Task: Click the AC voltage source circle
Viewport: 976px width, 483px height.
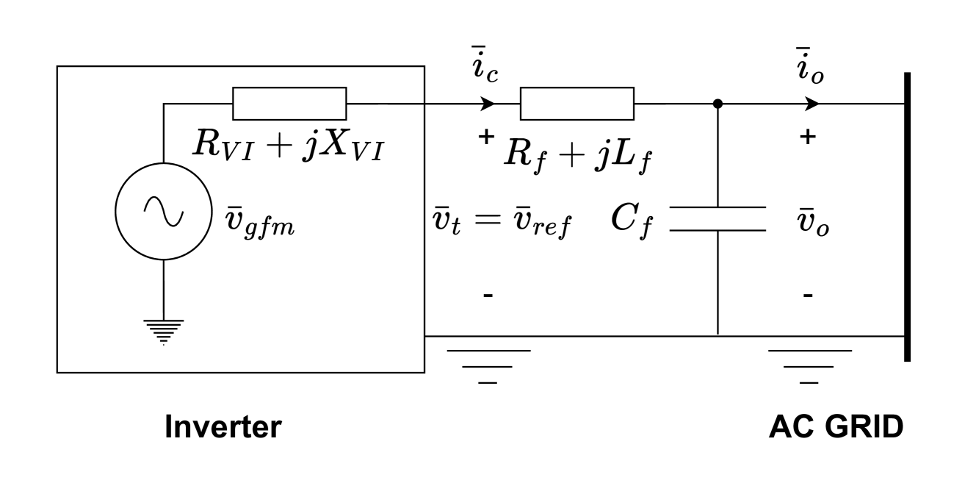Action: coord(163,211)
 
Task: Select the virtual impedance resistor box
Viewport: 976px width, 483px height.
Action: coord(289,103)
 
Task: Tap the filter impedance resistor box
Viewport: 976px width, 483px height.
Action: coord(576,103)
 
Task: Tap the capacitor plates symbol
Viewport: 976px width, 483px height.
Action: coord(717,218)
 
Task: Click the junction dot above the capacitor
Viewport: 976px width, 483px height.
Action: coord(717,104)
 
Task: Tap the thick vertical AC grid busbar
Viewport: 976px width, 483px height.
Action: coord(907,217)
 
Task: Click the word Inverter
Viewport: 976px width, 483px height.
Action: coord(223,427)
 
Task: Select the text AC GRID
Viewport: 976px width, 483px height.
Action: coord(836,427)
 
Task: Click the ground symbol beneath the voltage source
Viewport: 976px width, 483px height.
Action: coord(163,331)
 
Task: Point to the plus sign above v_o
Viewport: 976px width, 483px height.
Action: coord(808,137)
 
